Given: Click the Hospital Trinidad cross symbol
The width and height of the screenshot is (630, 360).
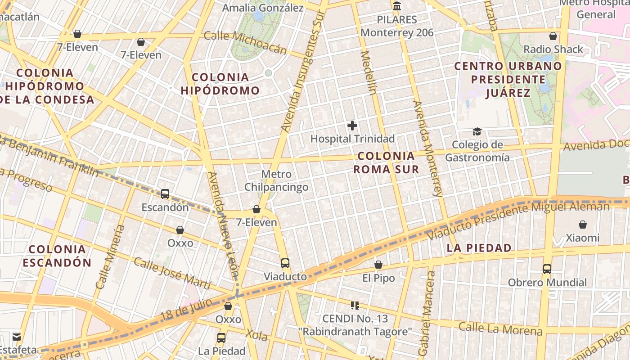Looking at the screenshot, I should coord(352,126).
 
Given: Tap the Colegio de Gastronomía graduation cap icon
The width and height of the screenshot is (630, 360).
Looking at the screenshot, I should coord(477,131).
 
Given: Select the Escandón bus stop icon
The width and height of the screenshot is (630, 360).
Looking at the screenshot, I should coord(165,194).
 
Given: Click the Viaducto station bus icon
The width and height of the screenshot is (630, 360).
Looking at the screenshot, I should coord(285,263).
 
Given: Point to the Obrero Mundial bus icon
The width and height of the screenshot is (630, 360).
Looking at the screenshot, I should coord(547,269).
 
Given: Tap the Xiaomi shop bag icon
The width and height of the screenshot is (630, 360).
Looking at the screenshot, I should coord(583,224).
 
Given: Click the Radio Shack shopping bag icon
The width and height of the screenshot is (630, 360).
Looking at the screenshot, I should coord(553,36).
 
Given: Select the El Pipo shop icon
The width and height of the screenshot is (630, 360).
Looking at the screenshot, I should coord(378,265).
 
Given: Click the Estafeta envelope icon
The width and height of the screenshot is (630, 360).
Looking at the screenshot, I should coord(17,337).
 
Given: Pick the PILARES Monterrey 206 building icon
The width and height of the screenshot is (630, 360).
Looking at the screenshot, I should coord(397,6).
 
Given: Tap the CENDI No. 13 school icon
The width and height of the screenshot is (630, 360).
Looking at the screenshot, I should coord(355,306).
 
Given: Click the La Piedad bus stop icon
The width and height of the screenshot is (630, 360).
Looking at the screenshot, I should coord(221,337).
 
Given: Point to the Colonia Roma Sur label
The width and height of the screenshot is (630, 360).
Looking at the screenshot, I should coord(386,162).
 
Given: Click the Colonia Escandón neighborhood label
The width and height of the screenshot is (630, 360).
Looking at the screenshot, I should coord(57,256).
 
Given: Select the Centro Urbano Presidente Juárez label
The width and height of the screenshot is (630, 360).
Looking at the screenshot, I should coord(508,79).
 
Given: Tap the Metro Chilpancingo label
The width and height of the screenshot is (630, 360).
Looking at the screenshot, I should coord(276,180).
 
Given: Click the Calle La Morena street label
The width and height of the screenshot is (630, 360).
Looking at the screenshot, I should coord(500,329).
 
